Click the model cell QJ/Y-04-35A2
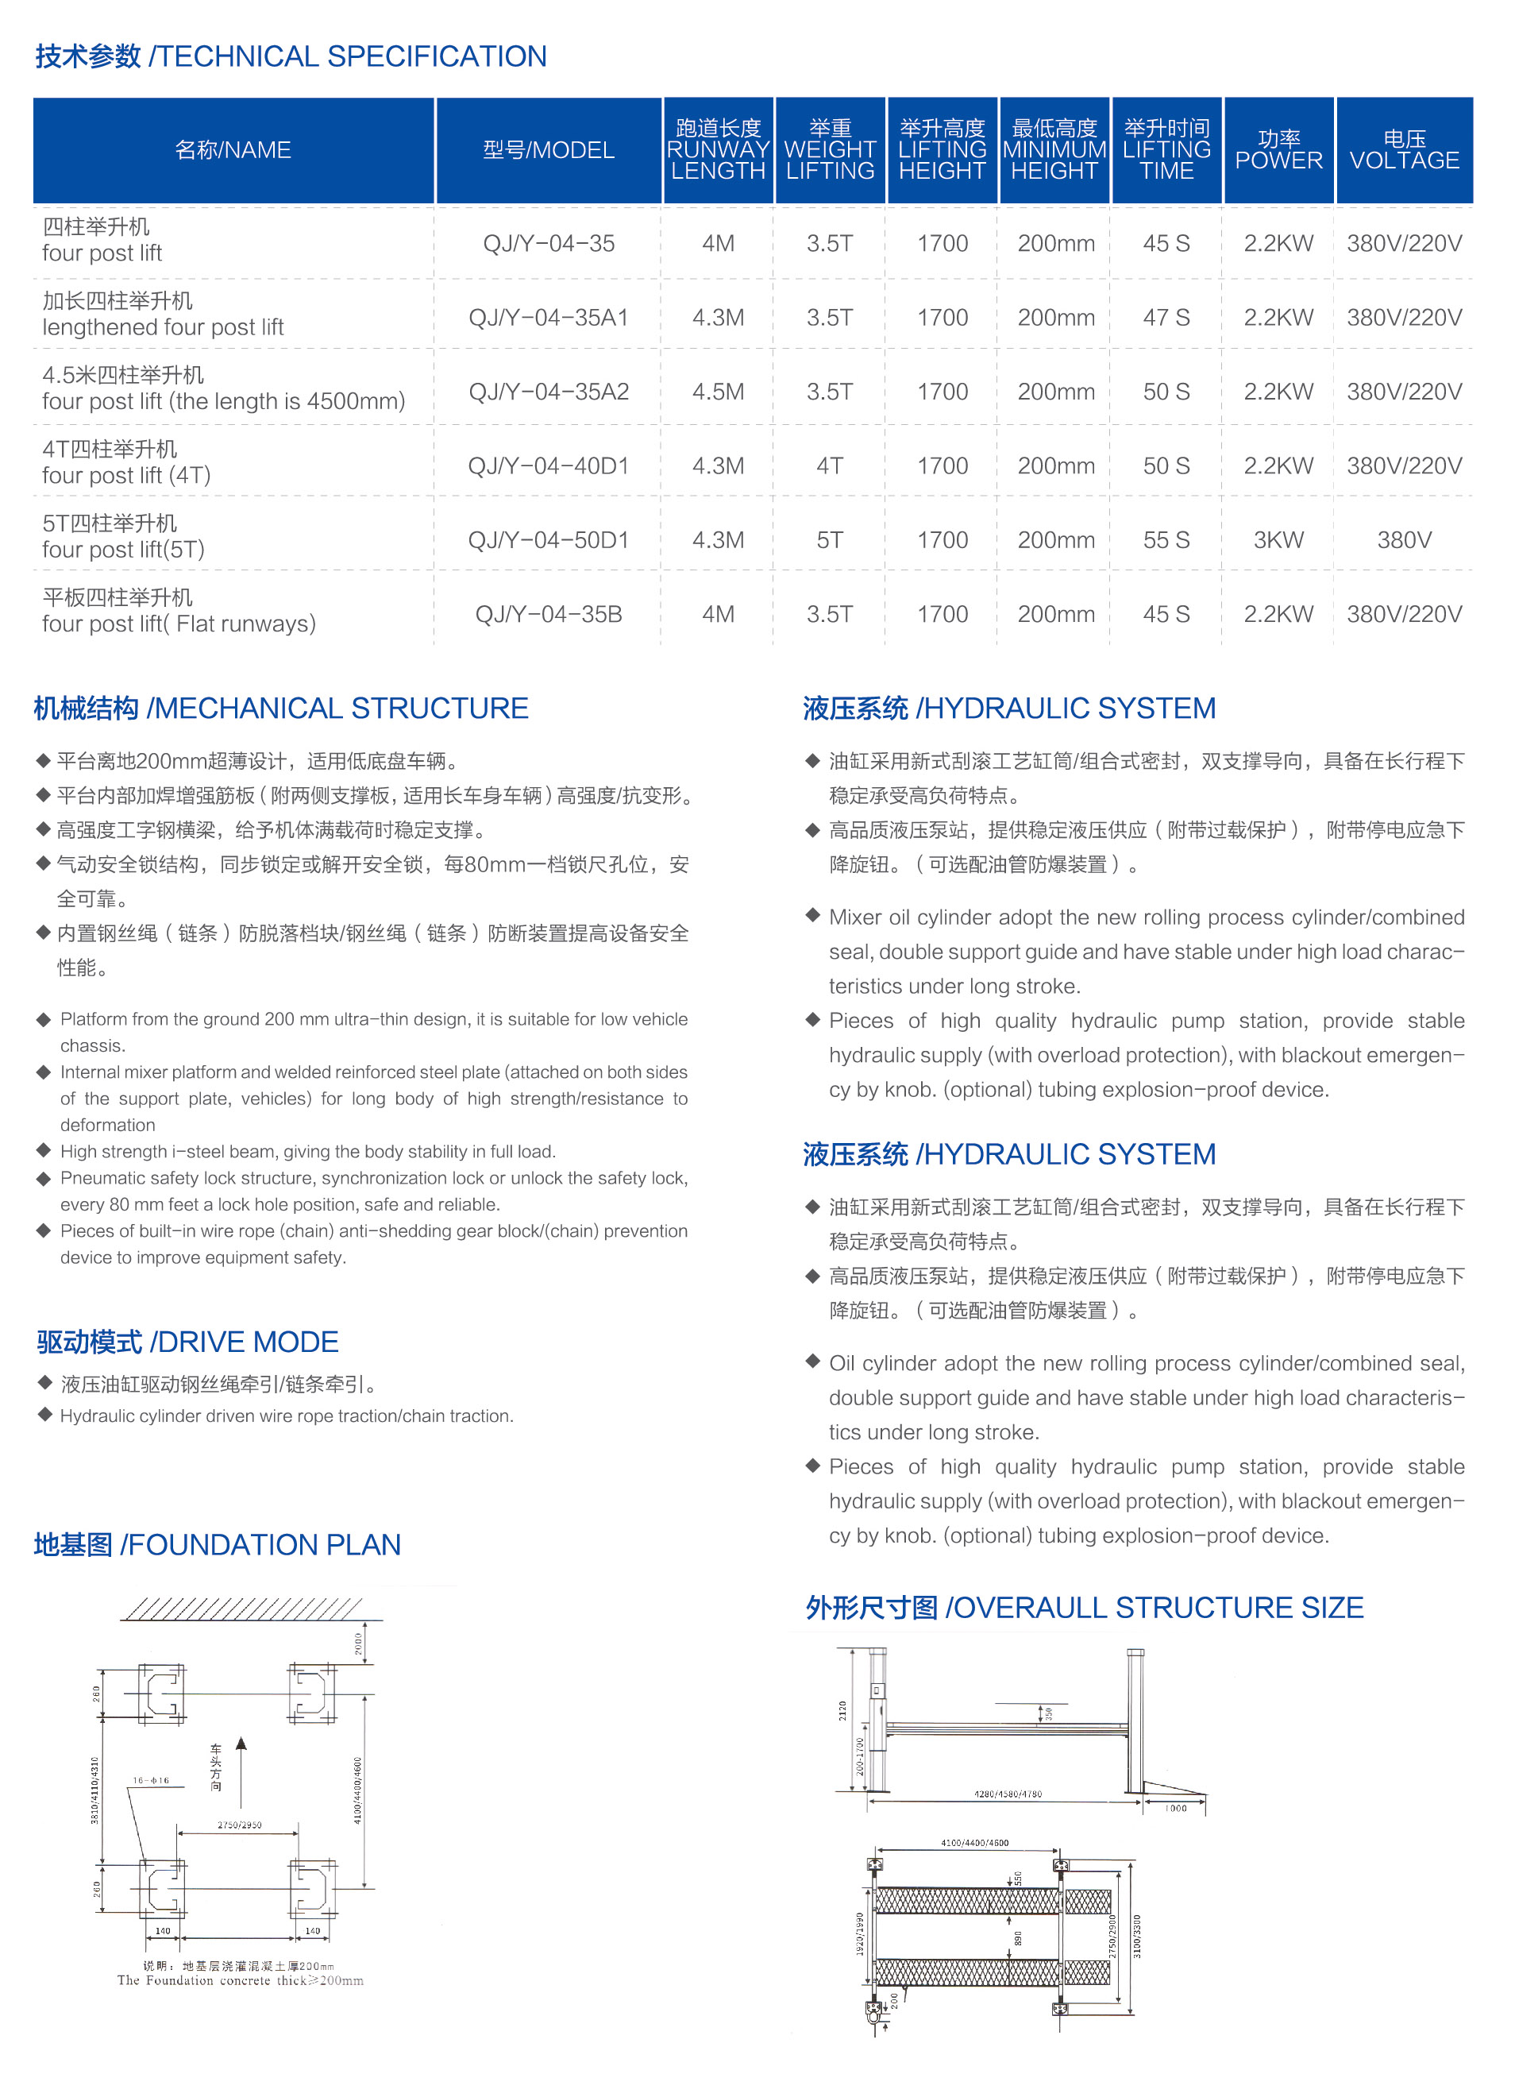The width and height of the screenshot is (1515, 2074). pyautogui.click(x=549, y=392)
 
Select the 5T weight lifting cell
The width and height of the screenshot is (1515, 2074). pyautogui.click(x=830, y=540)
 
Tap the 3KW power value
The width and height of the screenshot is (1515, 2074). pyautogui.click(x=1278, y=540)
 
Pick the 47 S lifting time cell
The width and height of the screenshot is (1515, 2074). pyautogui.click(x=1166, y=318)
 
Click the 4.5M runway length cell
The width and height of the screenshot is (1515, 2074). pyautogui.click(x=718, y=392)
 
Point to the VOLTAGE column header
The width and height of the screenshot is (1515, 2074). pyautogui.click(x=1404, y=149)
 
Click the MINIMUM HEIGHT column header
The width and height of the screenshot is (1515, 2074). pyautogui.click(x=1054, y=149)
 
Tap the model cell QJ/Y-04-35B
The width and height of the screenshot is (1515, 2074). pyautogui.click(x=549, y=615)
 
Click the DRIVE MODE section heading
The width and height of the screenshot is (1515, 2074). pyautogui.click(x=188, y=1342)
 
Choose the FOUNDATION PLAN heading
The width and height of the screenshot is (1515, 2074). pyautogui.click(x=218, y=1545)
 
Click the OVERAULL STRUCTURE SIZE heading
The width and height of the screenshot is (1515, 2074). pyautogui.click(x=1084, y=1608)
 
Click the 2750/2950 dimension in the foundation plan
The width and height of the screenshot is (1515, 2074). pyautogui.click(x=239, y=1825)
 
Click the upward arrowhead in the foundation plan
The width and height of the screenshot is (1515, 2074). pyautogui.click(x=241, y=1744)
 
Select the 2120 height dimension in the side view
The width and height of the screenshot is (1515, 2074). pyautogui.click(x=842, y=1711)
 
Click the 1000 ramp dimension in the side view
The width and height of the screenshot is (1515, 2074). pyautogui.click(x=1176, y=1808)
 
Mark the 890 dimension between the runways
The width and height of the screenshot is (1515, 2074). pyautogui.click(x=1017, y=1938)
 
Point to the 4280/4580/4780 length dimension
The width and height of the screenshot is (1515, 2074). pyautogui.click(x=1007, y=1794)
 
